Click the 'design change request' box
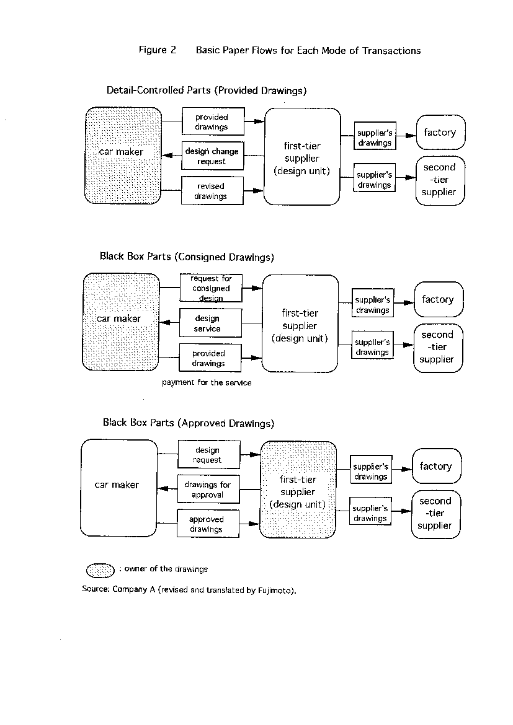[x=213, y=156]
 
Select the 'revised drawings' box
[x=212, y=190]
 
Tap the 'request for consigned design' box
[x=211, y=288]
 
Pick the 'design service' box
[x=210, y=323]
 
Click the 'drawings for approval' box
[x=208, y=489]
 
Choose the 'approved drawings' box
[x=208, y=524]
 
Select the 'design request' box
[x=209, y=454]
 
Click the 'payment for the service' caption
[x=207, y=383]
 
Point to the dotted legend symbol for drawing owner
[x=100, y=571]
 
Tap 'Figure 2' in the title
[x=158, y=50]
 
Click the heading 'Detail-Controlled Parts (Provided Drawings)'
[x=207, y=90]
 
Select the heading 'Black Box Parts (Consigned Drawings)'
[x=187, y=257]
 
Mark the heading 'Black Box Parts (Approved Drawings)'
[x=189, y=423]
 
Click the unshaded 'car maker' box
[x=119, y=488]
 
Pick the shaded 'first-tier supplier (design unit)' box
[x=298, y=490]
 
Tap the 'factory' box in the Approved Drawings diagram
[x=437, y=466]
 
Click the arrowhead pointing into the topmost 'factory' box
[x=411, y=136]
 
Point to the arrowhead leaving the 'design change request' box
[x=167, y=156]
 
